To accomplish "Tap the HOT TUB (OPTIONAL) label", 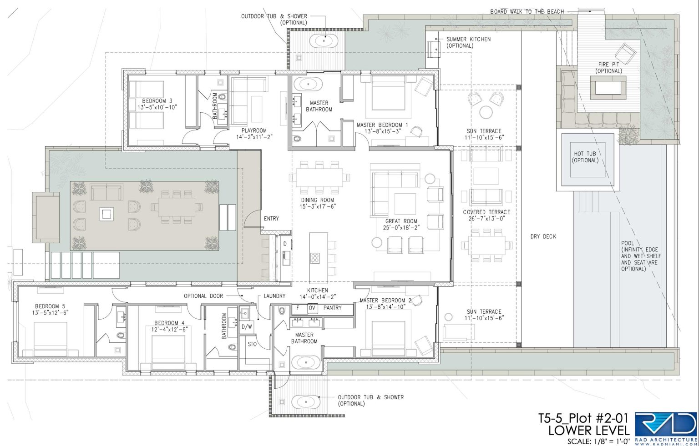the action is point(585,157).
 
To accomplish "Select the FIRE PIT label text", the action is point(608,64).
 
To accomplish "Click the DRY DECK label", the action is point(543,236).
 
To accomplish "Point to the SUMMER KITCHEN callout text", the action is point(468,42).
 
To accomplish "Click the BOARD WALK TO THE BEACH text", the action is point(527,11).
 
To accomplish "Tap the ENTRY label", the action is point(271,219).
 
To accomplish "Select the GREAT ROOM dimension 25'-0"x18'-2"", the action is point(401,227).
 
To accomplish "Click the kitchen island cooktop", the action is point(315,258).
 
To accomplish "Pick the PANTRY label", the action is point(332,308).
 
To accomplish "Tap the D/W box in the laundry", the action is point(247,327).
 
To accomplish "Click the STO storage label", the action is point(252,344).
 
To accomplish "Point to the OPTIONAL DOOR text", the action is point(203,296).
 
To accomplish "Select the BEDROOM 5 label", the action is point(50,306).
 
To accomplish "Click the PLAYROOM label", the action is point(254,130).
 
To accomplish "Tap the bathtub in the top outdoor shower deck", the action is point(324,41).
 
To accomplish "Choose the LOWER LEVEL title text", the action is point(589,431).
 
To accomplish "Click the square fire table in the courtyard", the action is point(106,215).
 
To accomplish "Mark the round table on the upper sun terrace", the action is point(486,112).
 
